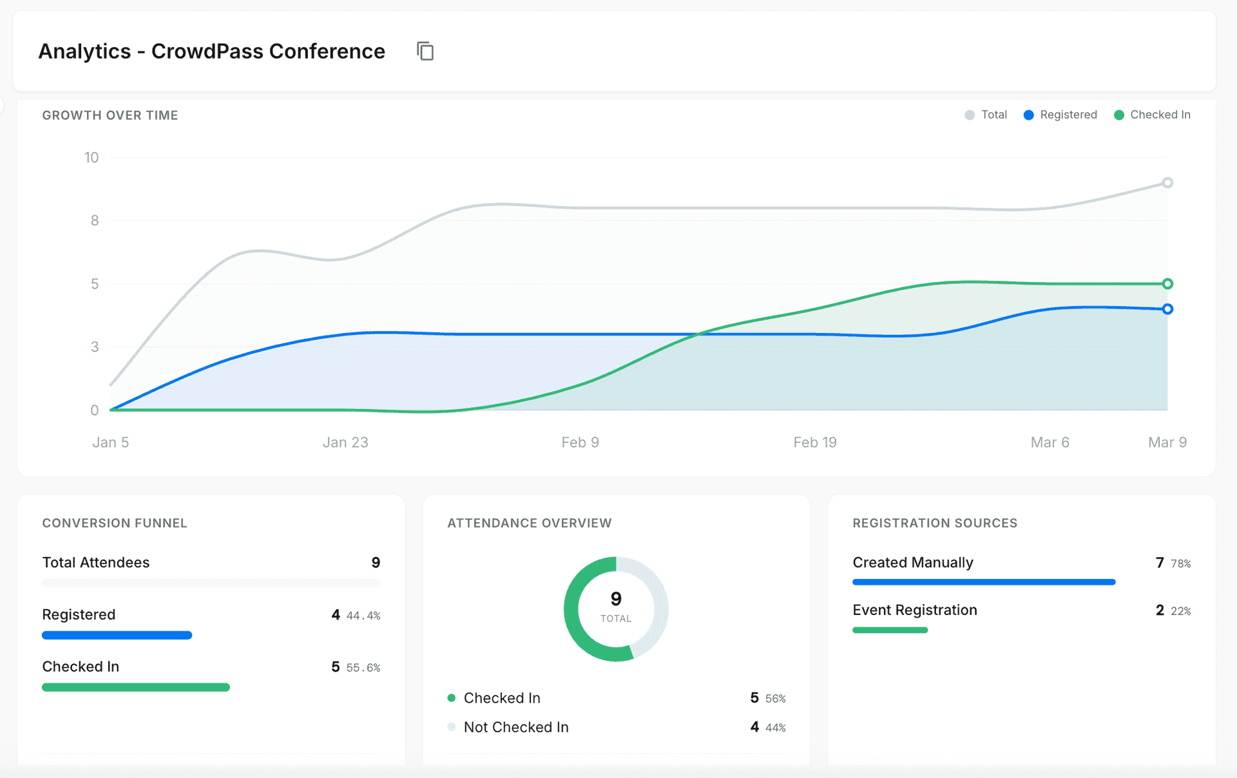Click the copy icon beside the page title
tap(425, 51)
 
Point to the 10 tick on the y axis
tap(91, 158)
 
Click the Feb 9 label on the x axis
tap(580, 442)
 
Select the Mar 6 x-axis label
tap(1050, 442)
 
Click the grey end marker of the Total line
tap(1167, 183)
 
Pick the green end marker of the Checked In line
tap(1167, 284)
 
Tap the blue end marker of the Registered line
tap(1167, 309)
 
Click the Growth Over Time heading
tap(110, 115)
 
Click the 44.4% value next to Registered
tap(363, 616)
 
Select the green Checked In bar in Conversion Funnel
tap(136, 687)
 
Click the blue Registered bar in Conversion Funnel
tap(117, 635)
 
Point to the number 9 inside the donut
tap(616, 599)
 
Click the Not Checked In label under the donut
tap(516, 727)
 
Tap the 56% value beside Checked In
tap(775, 699)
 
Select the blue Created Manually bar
tap(984, 582)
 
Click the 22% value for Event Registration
tap(1180, 611)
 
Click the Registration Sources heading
tap(935, 523)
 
